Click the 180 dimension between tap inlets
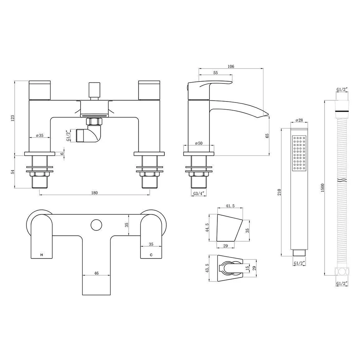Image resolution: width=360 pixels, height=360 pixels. point(94,193)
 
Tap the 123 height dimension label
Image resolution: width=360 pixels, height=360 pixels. point(13,118)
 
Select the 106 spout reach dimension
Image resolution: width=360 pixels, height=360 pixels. point(231,66)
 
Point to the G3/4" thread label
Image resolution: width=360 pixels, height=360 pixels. point(199,193)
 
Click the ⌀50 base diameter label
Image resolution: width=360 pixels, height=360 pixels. point(199,143)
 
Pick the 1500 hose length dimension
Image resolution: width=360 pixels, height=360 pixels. point(322,188)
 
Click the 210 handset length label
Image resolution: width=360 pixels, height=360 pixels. point(279,192)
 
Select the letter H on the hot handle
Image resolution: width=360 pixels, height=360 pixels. point(41,255)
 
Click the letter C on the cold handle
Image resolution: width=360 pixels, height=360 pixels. point(151,255)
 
